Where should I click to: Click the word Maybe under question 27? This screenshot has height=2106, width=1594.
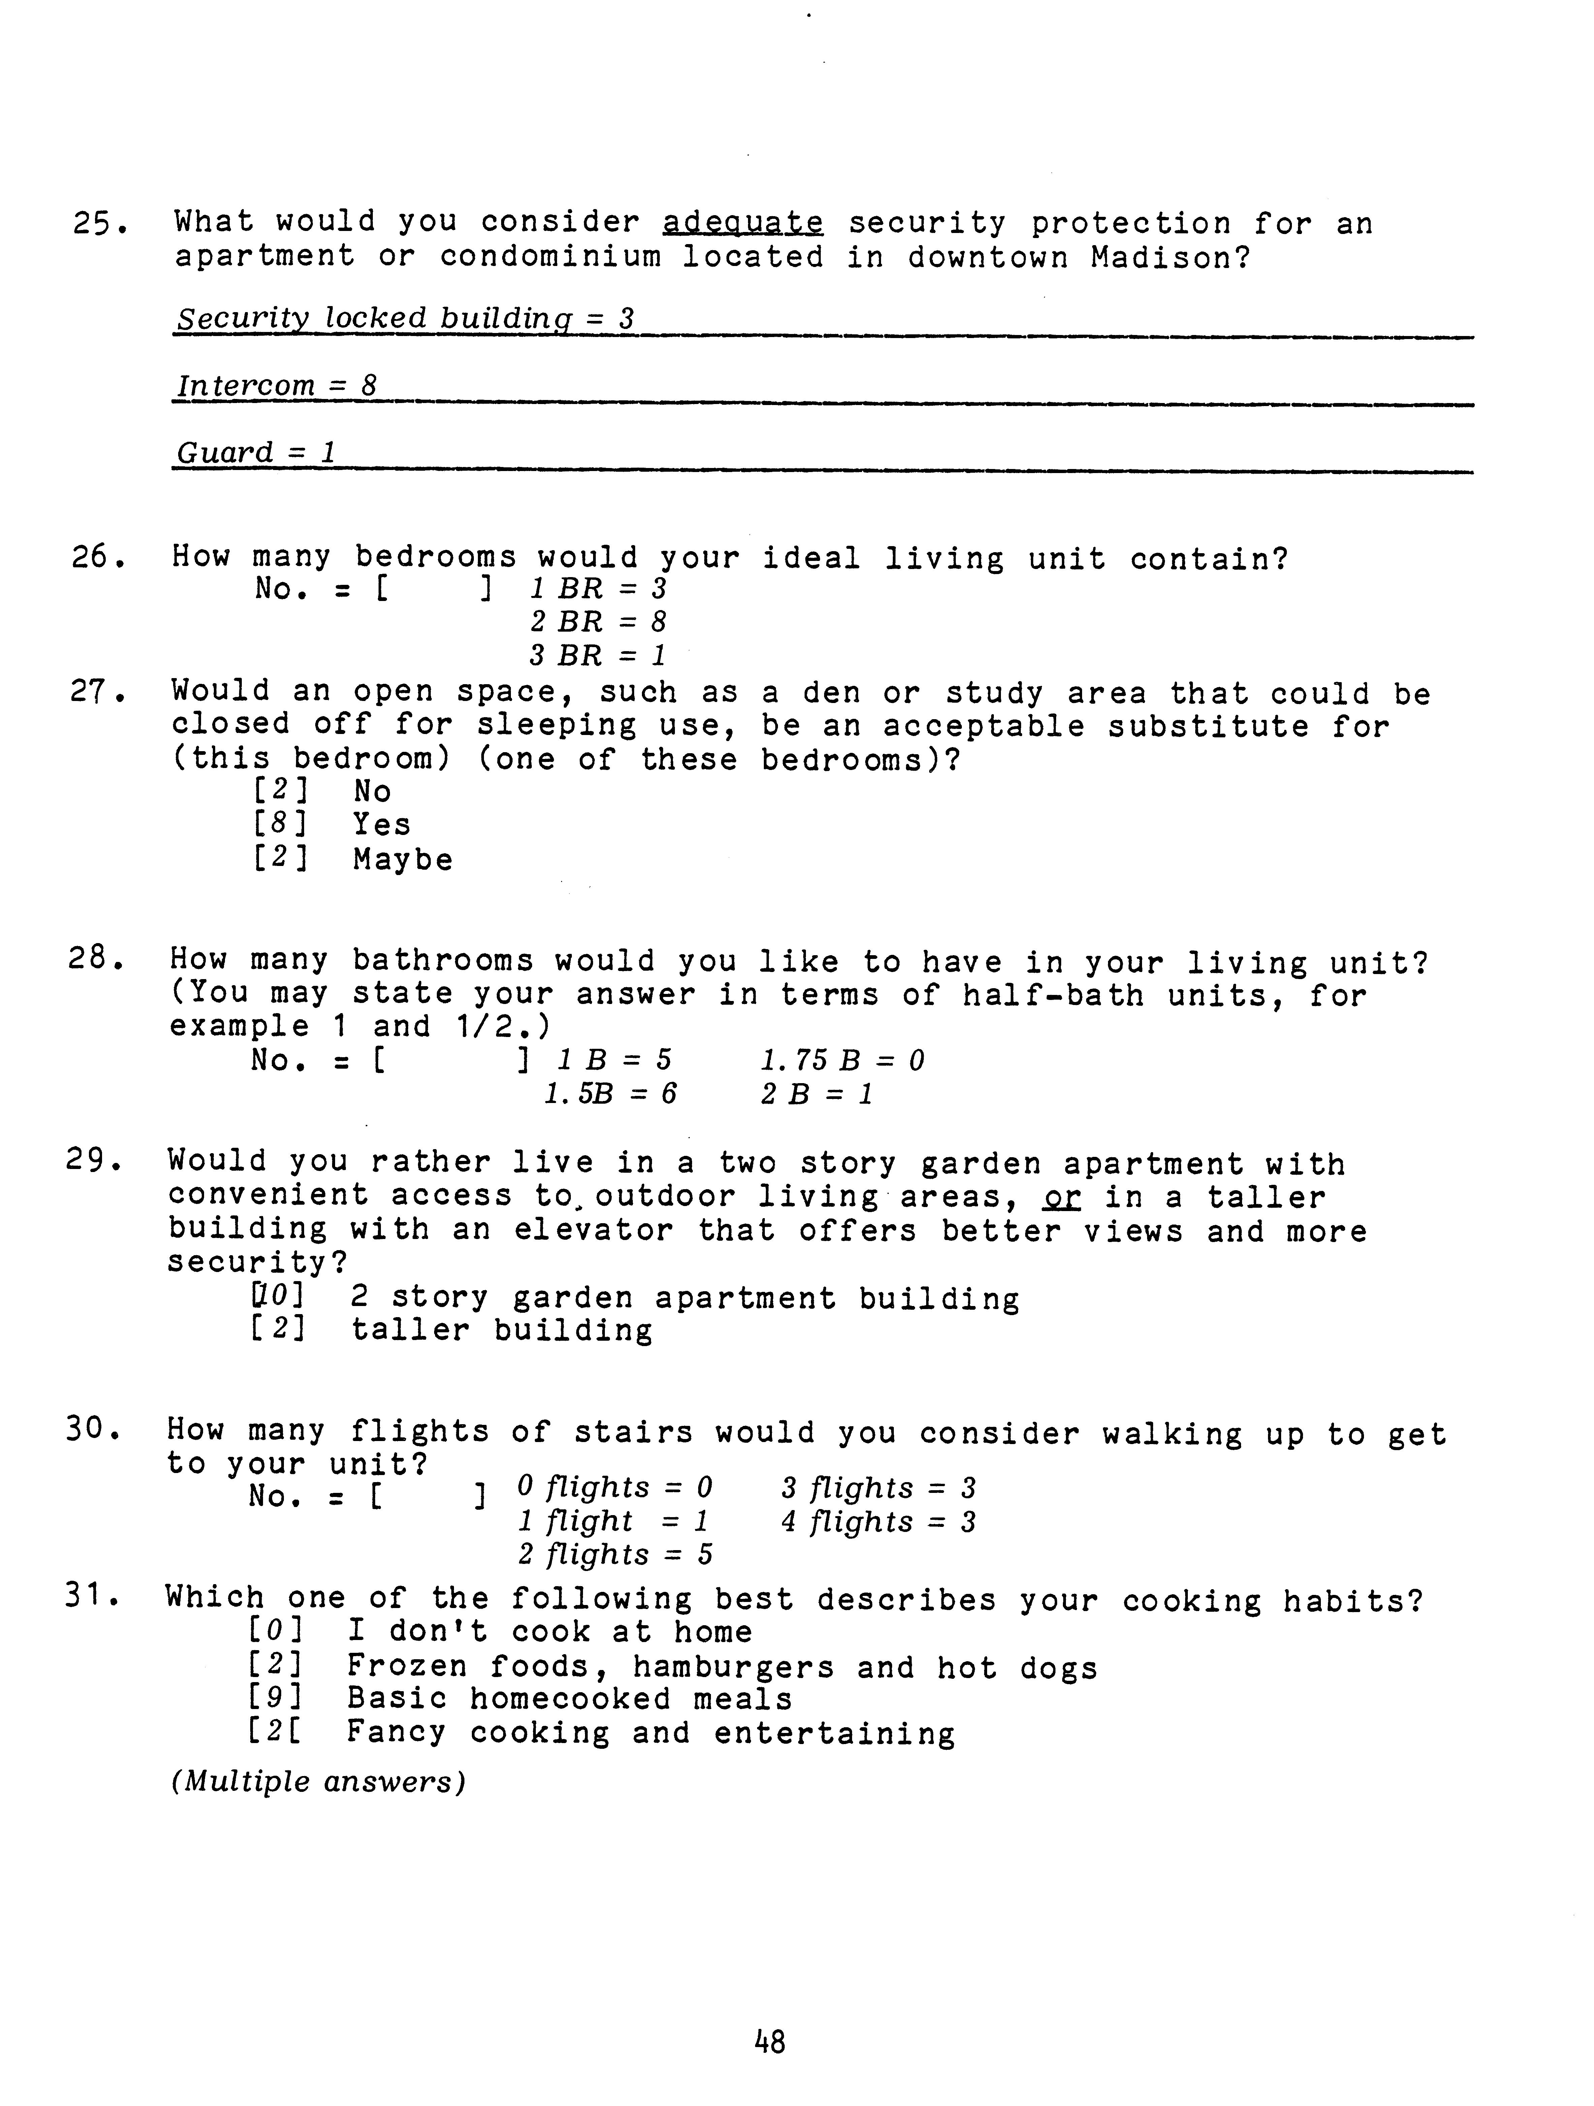pyautogui.click(x=403, y=860)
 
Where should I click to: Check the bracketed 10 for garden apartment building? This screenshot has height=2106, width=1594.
pyautogui.click(x=278, y=1297)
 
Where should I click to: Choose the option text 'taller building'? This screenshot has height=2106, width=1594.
pyautogui.click(x=502, y=1330)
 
